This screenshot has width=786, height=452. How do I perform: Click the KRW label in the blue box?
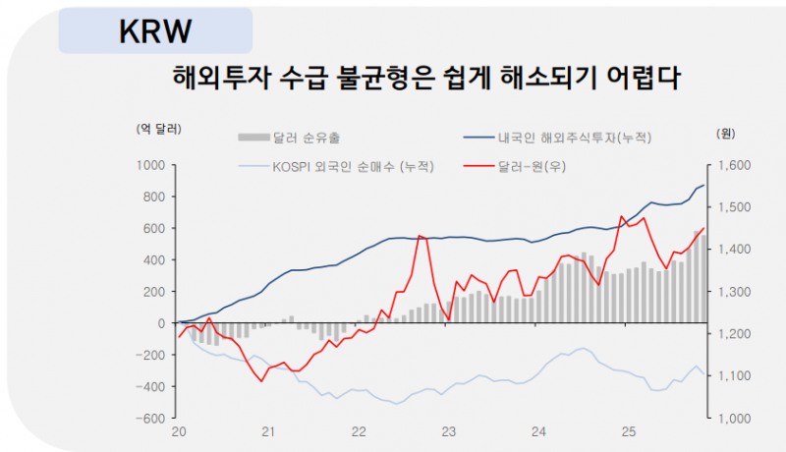coord(154,30)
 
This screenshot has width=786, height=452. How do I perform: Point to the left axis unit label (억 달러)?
coord(160,129)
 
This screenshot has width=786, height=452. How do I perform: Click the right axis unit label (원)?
coord(727,132)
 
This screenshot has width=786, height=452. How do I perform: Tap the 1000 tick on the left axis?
coord(150,166)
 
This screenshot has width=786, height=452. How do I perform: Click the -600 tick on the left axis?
coord(149,418)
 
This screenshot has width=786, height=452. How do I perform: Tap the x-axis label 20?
coord(180,432)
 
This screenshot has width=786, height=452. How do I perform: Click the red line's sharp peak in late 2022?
coord(420,236)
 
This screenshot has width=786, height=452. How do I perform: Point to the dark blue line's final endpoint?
coord(704,185)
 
